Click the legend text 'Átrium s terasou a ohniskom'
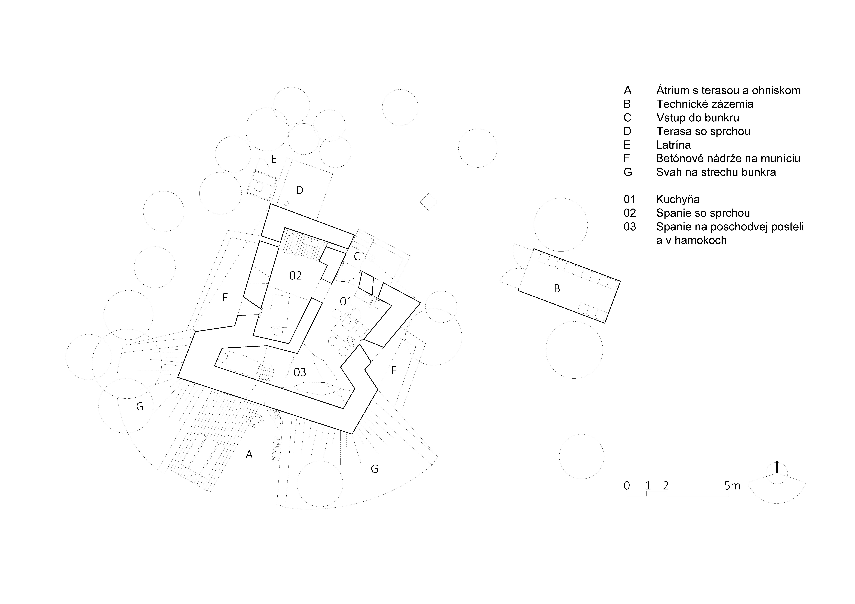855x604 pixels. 728,90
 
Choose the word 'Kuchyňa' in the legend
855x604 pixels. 678,199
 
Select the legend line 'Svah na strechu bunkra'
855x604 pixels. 716,172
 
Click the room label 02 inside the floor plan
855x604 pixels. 295,276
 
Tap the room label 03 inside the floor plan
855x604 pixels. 300,372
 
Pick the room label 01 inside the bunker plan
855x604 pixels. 346,301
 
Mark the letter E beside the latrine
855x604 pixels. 274,159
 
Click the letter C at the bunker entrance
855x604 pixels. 357,256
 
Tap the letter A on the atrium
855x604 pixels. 249,454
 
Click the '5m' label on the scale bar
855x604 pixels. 732,486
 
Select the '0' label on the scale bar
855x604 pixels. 627,486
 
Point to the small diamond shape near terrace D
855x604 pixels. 429,202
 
